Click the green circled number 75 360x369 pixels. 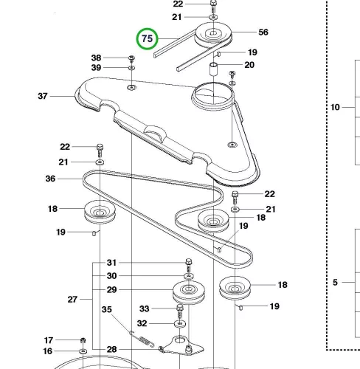click(x=148, y=38)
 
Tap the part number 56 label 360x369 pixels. click(x=263, y=32)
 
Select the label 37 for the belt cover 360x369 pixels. click(x=43, y=96)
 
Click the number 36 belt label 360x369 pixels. click(x=50, y=179)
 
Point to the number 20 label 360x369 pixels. click(x=249, y=65)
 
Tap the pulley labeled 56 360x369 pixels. click(x=213, y=35)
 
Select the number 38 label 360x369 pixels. click(x=96, y=58)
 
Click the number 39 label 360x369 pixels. click(x=96, y=68)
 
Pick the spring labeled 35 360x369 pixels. click(x=144, y=339)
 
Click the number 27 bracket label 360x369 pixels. click(x=72, y=300)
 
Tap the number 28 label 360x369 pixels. click(x=111, y=349)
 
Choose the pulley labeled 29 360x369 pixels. click(x=189, y=292)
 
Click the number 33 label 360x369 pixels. click(x=144, y=308)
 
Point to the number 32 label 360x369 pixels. click(x=142, y=323)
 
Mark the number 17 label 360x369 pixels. click(x=49, y=340)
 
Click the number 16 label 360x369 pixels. click(x=48, y=351)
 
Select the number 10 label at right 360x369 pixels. click(x=335, y=107)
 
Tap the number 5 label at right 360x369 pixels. click(x=335, y=282)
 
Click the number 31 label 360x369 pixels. click(x=111, y=263)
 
